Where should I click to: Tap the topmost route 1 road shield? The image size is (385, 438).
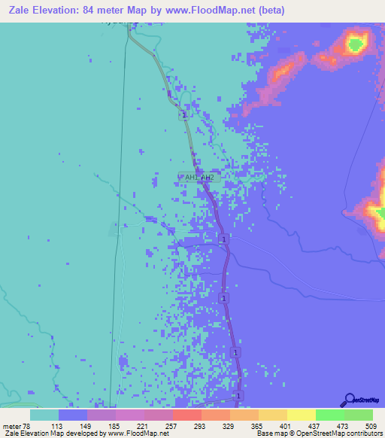pos(183,115)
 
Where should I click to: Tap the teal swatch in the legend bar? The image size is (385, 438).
pos(44,414)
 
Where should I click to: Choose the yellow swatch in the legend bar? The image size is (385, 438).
pos(301,414)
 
